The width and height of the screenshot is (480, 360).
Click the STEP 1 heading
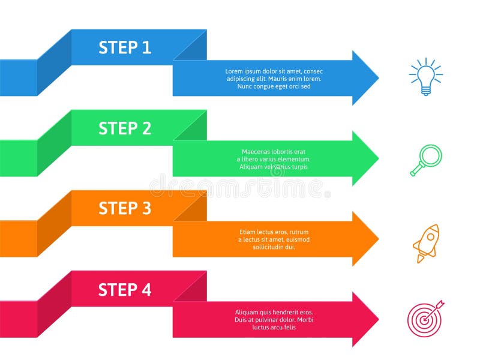(125, 47)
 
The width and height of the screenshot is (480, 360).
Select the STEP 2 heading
(125, 128)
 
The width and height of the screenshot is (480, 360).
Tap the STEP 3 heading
(125, 208)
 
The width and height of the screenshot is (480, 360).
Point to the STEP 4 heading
(125, 290)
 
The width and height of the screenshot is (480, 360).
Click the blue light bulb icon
(425, 77)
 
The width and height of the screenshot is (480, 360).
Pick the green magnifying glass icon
(427, 160)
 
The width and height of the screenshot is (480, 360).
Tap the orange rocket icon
(427, 243)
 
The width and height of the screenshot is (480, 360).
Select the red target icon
(425, 318)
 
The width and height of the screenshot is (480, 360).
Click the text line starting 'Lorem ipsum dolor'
(274, 71)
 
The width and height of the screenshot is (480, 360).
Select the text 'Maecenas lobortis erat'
(274, 152)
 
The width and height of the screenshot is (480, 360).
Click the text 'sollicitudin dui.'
(274, 247)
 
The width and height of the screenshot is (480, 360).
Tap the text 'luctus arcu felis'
(274, 327)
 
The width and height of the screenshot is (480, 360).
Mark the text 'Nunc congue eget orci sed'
(274, 86)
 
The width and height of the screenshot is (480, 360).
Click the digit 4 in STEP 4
(146, 290)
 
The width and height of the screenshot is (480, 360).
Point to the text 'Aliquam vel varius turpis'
(274, 167)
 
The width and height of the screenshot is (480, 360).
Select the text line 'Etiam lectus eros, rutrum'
(274, 232)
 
